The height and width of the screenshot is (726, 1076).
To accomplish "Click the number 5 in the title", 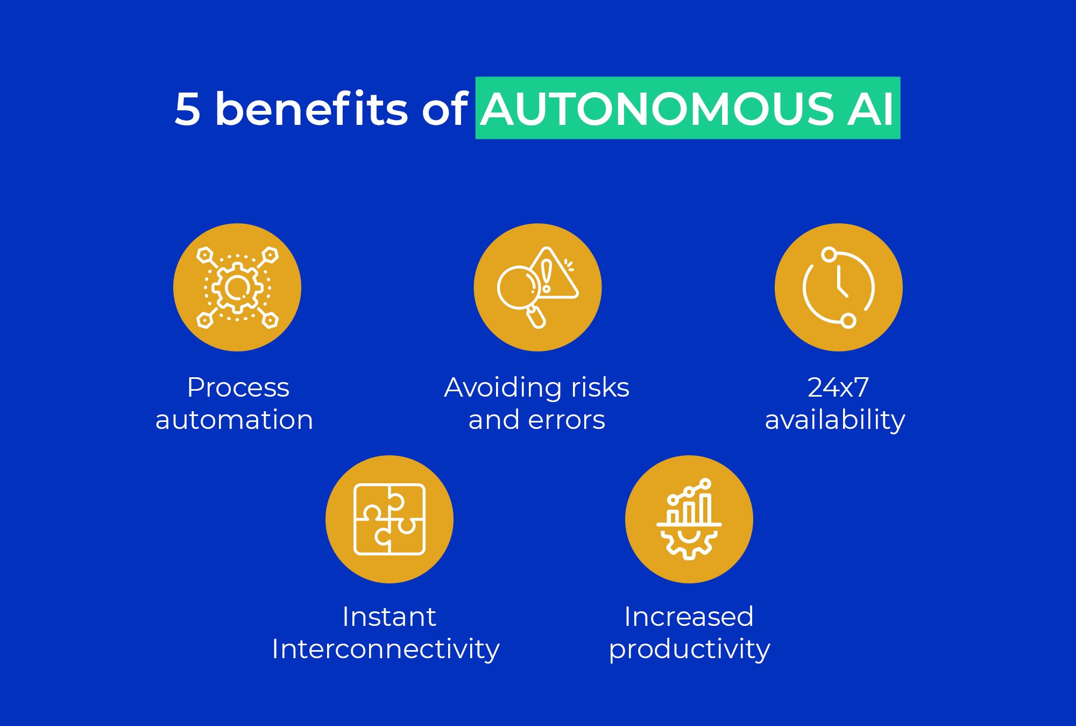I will (188, 109).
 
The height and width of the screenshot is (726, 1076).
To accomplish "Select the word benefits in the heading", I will (312, 109).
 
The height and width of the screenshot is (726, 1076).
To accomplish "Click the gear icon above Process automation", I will (237, 287).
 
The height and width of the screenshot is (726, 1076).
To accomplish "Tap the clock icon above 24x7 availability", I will (839, 287).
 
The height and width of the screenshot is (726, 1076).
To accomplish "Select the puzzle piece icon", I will (390, 519).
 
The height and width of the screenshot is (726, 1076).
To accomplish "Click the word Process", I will (238, 387).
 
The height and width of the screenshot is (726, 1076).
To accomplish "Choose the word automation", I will (234, 420).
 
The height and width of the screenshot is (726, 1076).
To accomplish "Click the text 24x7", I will (838, 387).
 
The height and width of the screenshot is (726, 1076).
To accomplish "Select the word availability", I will (835, 420).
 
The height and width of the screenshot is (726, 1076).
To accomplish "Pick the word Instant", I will (389, 617).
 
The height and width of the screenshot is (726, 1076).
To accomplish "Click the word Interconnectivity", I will (386, 649).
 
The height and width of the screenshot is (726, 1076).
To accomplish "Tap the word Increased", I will (689, 617).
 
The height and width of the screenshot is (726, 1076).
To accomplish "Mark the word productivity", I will (689, 649).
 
